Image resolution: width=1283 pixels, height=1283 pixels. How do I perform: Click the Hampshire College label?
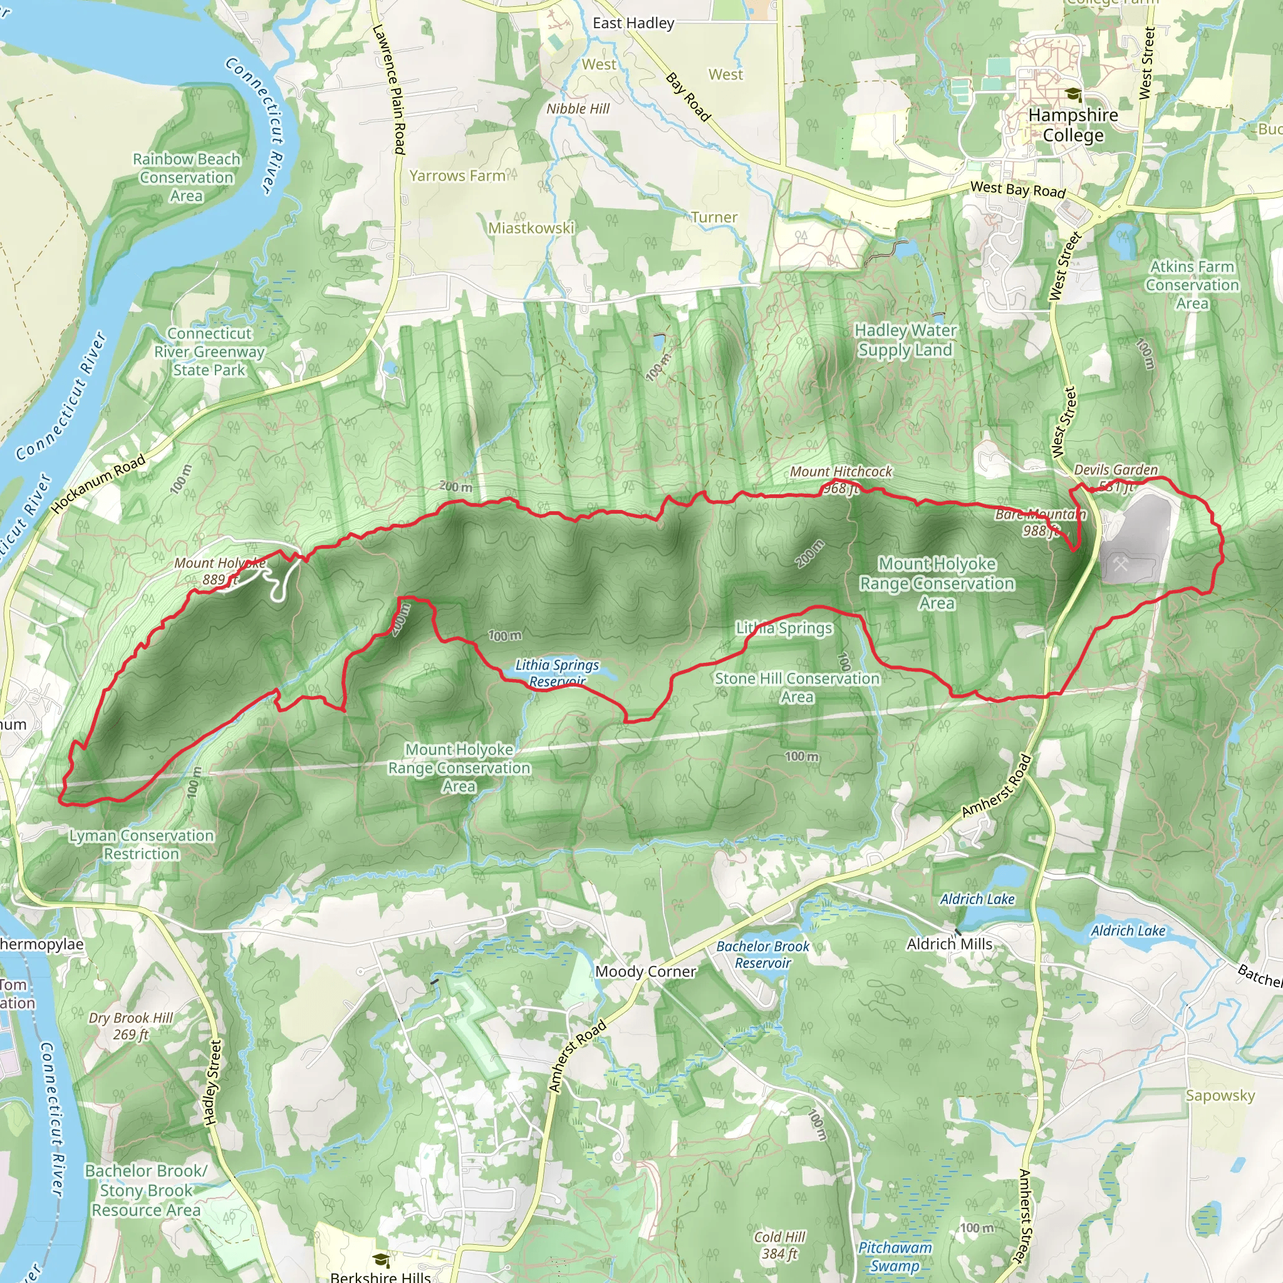[x=1073, y=125]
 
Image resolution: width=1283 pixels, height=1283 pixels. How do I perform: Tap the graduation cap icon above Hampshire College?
[x=1073, y=95]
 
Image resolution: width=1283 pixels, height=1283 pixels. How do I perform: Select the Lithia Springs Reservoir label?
[x=557, y=673]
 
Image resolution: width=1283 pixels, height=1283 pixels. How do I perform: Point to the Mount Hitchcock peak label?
[x=841, y=479]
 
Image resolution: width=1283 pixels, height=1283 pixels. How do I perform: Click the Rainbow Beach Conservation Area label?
[x=187, y=177]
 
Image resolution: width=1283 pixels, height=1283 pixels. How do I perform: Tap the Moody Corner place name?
[x=645, y=972]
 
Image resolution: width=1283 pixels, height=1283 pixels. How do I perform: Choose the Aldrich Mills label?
[x=949, y=943]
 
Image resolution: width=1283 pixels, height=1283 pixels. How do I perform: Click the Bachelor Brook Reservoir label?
[x=762, y=954]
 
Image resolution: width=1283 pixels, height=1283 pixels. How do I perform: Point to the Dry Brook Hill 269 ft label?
[x=131, y=1026]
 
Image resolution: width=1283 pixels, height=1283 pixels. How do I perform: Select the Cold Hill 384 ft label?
[x=779, y=1245]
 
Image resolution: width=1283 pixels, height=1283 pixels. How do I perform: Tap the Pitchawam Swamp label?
[x=895, y=1257]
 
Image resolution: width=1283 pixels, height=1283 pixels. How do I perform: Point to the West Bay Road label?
[x=1017, y=189]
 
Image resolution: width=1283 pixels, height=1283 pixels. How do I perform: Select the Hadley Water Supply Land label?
[x=905, y=340]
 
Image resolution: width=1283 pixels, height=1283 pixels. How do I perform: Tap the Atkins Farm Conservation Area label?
[x=1192, y=285]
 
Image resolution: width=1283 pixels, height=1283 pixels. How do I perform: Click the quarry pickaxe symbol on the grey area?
[x=1121, y=565]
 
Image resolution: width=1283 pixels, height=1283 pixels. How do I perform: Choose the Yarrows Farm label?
[x=457, y=176]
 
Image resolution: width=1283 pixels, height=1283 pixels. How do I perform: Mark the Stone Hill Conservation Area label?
[x=797, y=687]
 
